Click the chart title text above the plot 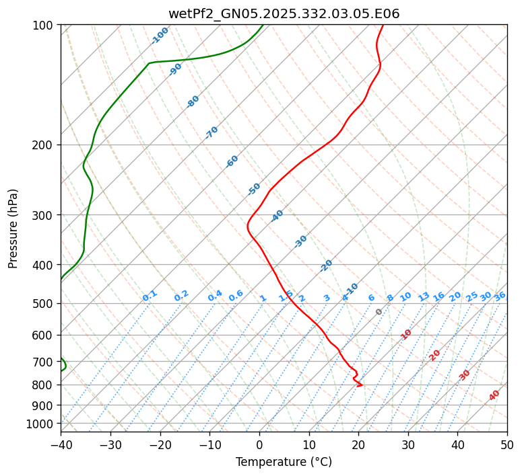pos(284,13)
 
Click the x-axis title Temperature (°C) pos(284,463)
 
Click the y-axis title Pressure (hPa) pos(13,229)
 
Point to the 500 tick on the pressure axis pos(44,304)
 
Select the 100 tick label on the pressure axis pos(44,26)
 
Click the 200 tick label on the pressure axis pos(44,145)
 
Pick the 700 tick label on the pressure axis pos(44,362)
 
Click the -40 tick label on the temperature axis pos(61,444)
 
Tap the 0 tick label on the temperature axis pos(259,444)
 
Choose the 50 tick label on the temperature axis pos(507,444)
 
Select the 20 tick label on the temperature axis pos(358,444)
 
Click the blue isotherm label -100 pos(160,36)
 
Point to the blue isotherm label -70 pos(211,132)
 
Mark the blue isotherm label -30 pos(300,241)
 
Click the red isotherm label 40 pos(494,395)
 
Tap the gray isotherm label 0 pos(379,312)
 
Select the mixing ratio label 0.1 pos(150,295)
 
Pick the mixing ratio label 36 pos(500,296)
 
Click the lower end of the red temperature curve pos(362,385)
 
